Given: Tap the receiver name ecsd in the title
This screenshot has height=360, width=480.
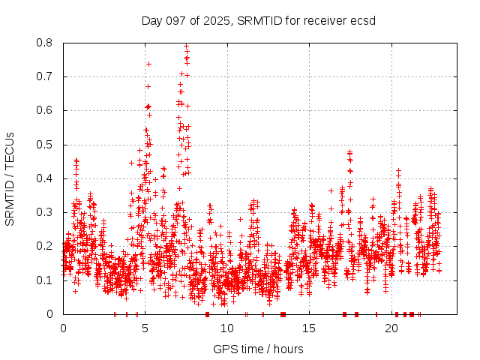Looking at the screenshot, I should point(361,20).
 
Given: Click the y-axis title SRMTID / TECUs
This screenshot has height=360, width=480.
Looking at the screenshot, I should point(10,178).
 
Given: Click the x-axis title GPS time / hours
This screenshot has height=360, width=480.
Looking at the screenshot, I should point(258,349).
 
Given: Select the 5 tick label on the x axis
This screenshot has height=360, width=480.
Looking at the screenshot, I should point(145,328).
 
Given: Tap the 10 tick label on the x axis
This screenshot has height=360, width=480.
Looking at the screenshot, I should point(227,328).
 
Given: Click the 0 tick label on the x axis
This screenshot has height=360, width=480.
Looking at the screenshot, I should point(63,328).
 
